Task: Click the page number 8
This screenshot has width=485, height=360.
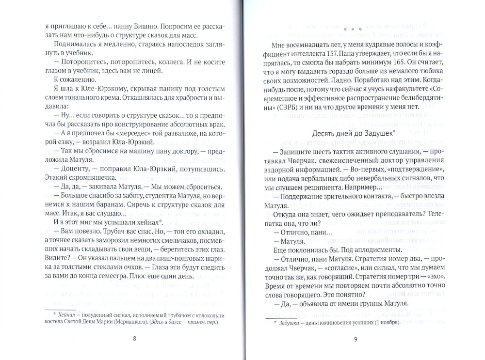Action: tap(134, 339)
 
